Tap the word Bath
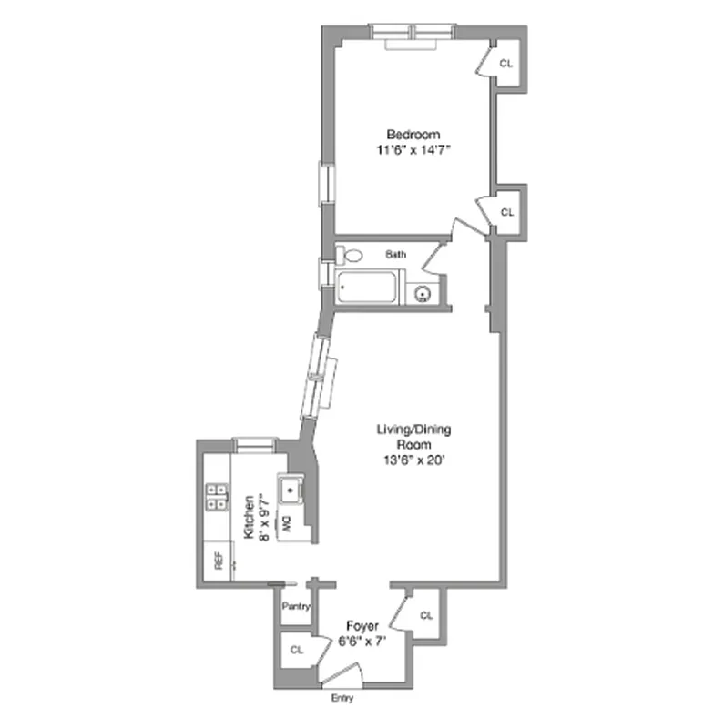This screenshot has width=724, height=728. (x=395, y=255)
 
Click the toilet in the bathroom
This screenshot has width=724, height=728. (x=349, y=256)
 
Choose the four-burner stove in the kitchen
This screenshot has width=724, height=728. (x=218, y=497)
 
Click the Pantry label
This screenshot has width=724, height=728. (x=295, y=606)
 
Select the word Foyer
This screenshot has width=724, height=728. (x=362, y=626)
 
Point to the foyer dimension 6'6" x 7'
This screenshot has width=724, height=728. (x=362, y=640)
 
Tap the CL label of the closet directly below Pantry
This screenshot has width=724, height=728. (x=296, y=651)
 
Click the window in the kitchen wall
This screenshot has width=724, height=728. (x=254, y=443)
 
